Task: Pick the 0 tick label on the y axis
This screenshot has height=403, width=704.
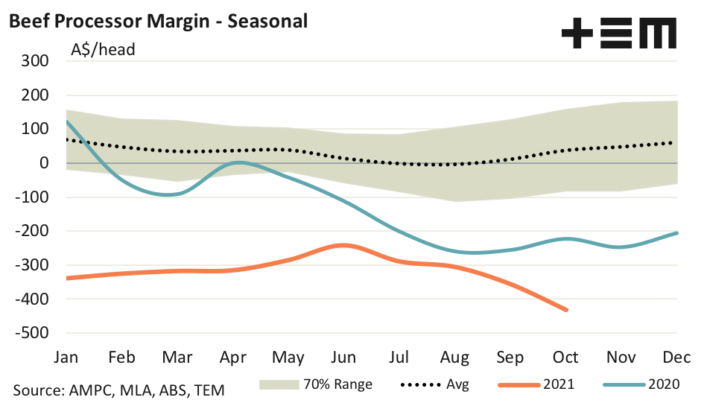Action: click(44, 163)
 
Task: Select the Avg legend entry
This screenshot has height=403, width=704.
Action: click(434, 384)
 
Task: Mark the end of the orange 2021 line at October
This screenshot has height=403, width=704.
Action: click(566, 309)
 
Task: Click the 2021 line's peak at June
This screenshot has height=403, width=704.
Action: click(343, 245)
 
